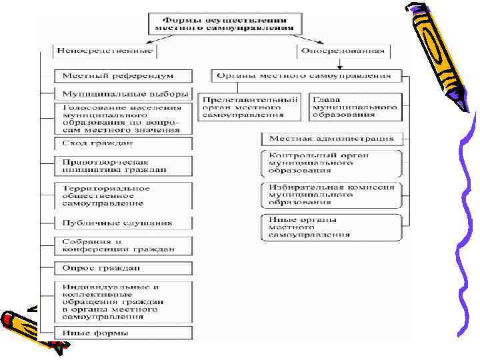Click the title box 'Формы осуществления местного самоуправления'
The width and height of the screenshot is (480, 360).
coord(225,23)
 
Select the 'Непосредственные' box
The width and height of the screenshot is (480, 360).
coord(105,51)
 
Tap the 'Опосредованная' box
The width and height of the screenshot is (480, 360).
coord(343,51)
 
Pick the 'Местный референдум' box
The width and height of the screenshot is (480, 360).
coord(124,77)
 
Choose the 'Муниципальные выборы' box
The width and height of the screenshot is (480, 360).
coord(124,94)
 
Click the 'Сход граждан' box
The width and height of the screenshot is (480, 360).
coord(124,143)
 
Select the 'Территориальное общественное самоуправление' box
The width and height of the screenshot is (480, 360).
coord(124,194)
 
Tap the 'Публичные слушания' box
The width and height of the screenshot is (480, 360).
coord(124,223)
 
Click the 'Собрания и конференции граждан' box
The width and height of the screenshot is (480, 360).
coord(124,245)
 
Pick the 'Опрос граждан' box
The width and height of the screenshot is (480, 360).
coord(124,268)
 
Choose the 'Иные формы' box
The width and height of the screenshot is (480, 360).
coord(124,333)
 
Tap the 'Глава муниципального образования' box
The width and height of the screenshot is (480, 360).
coord(355,106)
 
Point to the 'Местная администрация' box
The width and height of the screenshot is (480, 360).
coord(331,139)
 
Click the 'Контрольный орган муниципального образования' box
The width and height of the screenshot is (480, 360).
coord(331,163)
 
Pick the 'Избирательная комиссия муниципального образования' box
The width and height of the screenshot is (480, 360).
coord(331,195)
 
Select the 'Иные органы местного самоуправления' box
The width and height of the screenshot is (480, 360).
coord(331,227)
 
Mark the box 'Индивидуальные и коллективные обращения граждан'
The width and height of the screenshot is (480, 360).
coord(124,301)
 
